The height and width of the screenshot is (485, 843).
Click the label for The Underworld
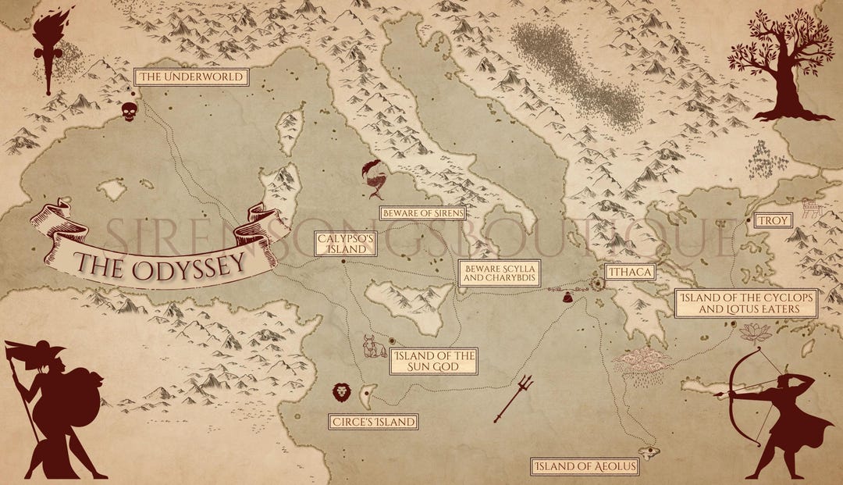pyautogui.click(x=192, y=77)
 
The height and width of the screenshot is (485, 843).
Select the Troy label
pyautogui.click(x=773, y=221)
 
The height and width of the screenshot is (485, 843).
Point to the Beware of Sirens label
pyautogui.click(x=422, y=212)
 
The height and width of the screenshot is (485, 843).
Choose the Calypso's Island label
pyautogui.click(x=345, y=244)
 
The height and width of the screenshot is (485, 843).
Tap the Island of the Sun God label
pyautogui.click(x=434, y=361)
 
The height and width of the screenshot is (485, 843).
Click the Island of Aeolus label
pyautogui.click(x=585, y=467)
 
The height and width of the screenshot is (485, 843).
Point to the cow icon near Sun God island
pyautogui.click(x=373, y=346)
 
